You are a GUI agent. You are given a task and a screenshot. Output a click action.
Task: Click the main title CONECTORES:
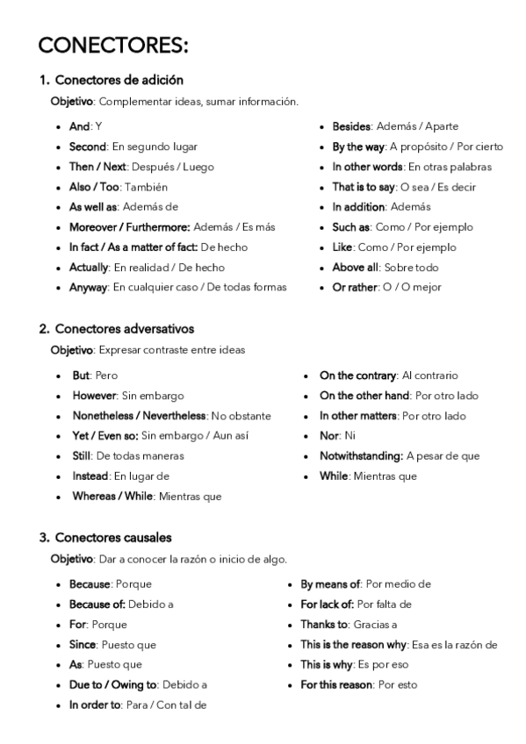pos(114,45)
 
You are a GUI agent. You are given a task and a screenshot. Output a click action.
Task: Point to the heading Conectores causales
pos(112,537)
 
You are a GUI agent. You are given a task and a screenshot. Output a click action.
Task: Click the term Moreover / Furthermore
pos(129,226)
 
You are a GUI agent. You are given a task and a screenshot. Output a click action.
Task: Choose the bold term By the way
pos(358,147)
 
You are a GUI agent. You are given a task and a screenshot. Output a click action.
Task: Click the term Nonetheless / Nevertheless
pos(140,416)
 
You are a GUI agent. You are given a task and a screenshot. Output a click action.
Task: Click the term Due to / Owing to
pos(112,684)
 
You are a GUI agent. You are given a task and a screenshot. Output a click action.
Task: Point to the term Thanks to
pos(324,624)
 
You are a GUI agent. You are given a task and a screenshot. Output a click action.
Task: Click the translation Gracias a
pos(375,624)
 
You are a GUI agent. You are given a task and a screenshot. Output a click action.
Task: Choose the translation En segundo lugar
pos(155,147)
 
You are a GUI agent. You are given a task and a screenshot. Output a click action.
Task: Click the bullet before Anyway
pos(57,287)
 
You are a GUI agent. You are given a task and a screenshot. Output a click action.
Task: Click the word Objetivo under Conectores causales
pos(71,559)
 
